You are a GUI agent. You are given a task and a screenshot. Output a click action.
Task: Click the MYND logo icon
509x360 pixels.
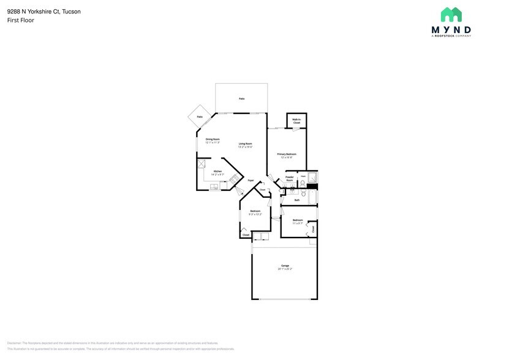click(451, 15)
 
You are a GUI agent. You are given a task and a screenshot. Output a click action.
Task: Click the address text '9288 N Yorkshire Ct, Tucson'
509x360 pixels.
click(43, 10)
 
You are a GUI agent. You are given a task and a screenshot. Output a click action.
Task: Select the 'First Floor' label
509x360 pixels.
click(21, 20)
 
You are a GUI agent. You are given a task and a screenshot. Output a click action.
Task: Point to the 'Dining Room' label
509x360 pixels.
click(213, 139)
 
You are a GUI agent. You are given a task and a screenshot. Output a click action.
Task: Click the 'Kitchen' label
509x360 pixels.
click(217, 171)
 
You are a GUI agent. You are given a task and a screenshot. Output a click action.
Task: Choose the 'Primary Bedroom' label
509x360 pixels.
click(287, 154)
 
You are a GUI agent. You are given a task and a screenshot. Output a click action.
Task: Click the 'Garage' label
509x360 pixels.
click(285, 265)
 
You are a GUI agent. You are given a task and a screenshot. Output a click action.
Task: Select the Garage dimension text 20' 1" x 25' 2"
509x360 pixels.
click(285, 269)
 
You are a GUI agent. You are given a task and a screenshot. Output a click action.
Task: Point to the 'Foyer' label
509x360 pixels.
click(251, 181)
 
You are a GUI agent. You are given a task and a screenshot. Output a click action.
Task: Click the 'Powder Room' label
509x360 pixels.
click(290, 178)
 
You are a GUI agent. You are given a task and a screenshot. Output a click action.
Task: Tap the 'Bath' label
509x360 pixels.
click(297, 200)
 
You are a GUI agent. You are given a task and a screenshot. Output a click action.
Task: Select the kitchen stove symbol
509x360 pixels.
click(232, 178)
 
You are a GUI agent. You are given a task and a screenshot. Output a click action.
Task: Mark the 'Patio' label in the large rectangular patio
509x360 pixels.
click(241, 98)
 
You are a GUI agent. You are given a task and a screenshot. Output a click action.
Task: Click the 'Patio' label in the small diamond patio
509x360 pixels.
click(200, 116)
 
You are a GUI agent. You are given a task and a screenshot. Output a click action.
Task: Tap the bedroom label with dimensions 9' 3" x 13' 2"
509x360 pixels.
click(255, 211)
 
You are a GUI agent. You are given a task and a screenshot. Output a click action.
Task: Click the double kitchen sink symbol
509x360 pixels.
click(215, 187)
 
